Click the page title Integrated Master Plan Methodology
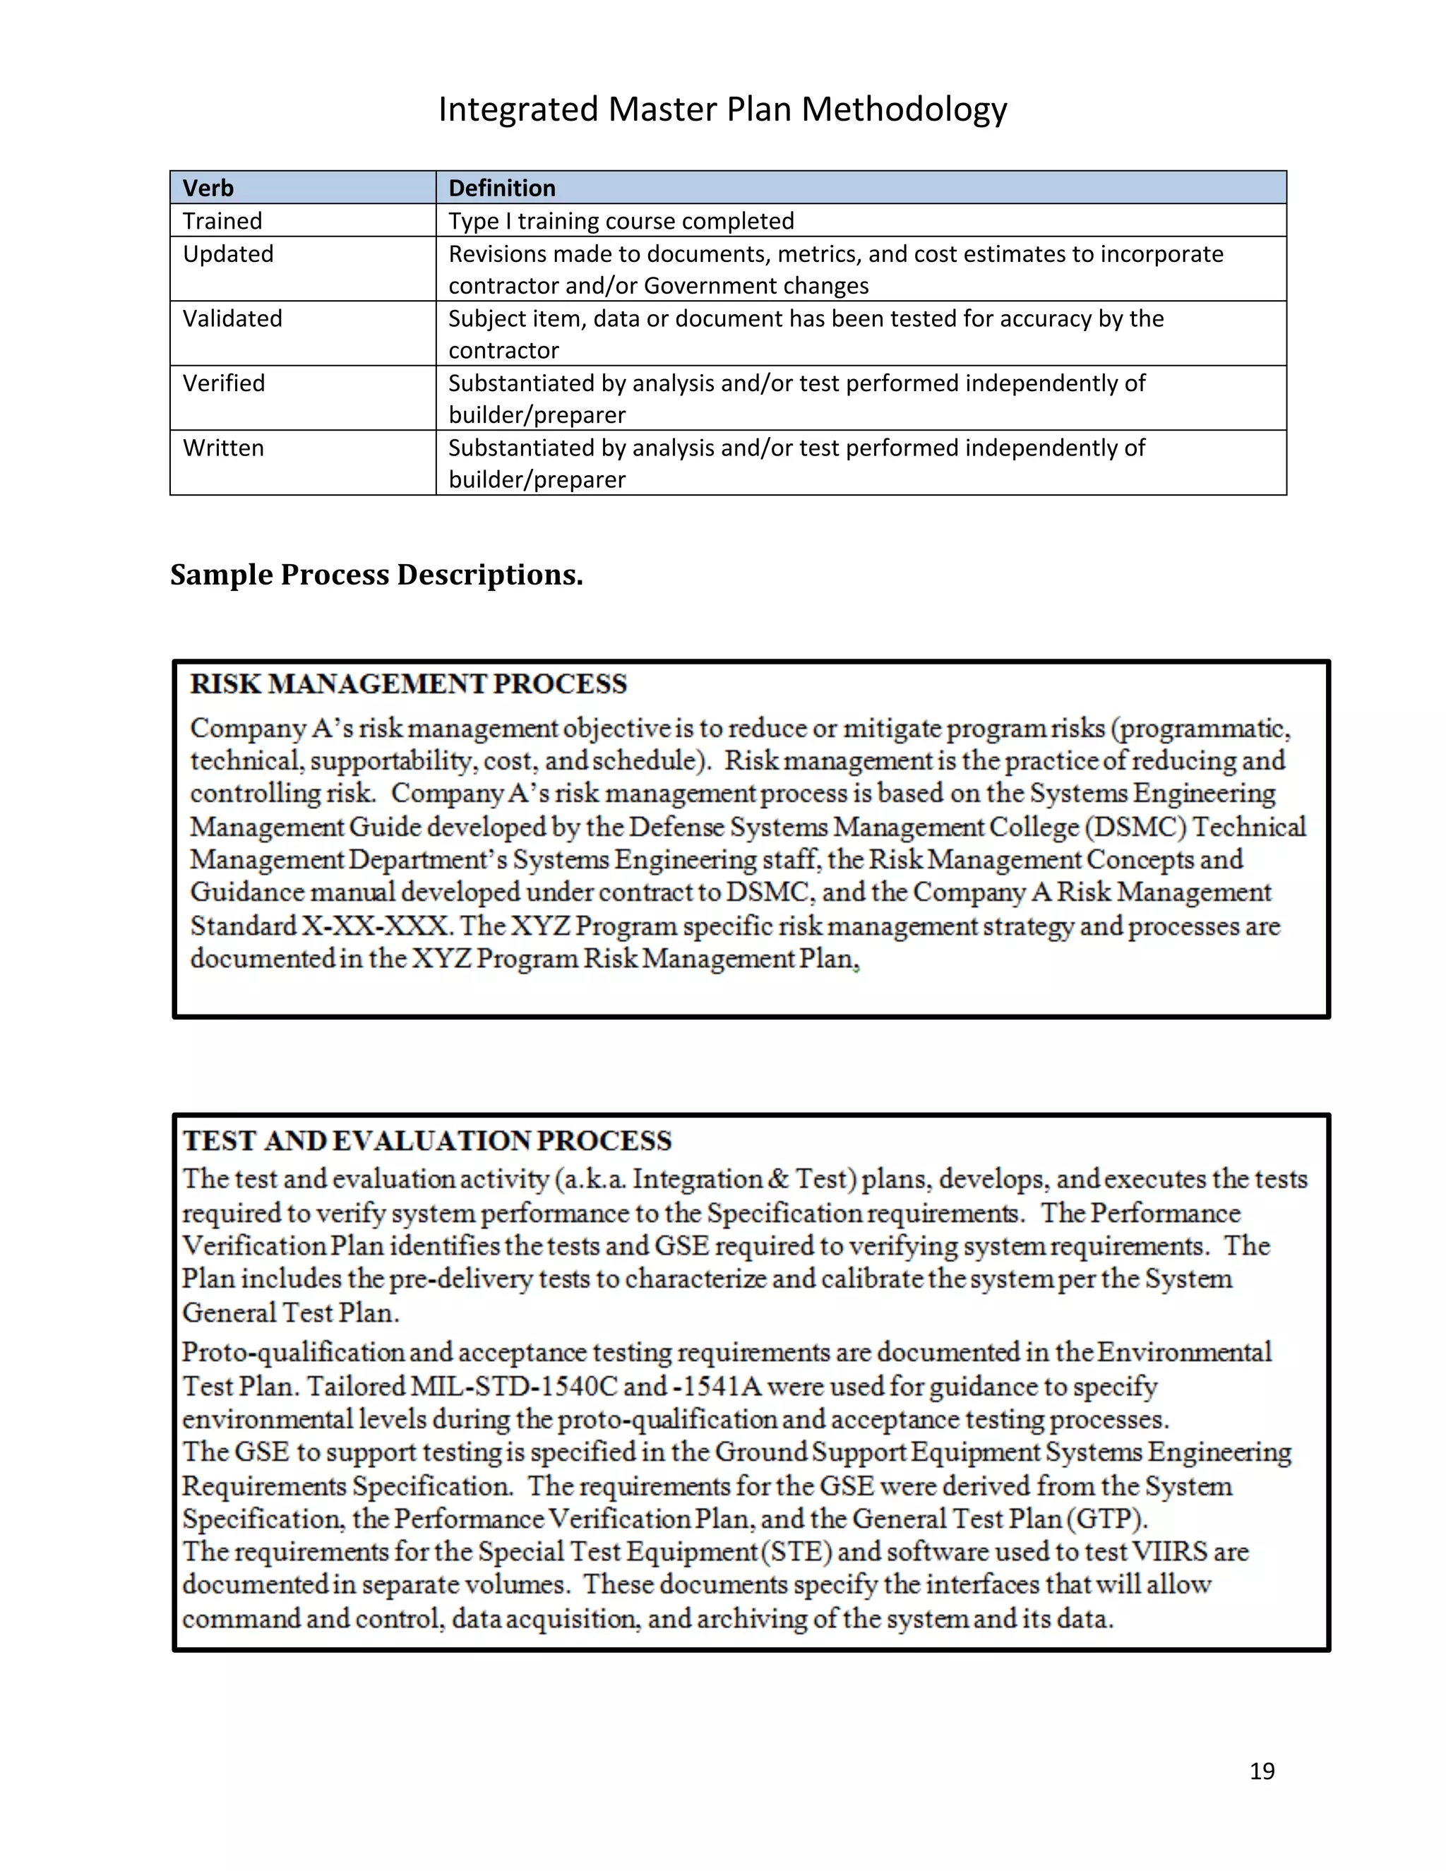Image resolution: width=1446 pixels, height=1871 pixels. [x=722, y=109]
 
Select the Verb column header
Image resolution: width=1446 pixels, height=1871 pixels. [x=208, y=188]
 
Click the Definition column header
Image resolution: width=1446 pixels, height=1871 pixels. [x=502, y=188]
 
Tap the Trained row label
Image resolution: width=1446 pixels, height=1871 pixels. [x=222, y=221]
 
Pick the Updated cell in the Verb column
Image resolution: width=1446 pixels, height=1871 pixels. [x=228, y=254]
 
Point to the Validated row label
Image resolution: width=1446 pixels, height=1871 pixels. [x=232, y=318]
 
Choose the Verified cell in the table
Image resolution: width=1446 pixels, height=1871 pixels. [x=224, y=383]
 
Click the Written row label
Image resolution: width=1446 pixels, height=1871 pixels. [x=222, y=448]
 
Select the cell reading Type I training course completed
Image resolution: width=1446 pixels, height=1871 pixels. [x=621, y=221]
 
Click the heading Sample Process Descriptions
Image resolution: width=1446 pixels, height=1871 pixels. [x=376, y=575]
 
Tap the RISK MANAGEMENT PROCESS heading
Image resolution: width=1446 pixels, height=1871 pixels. [x=409, y=684]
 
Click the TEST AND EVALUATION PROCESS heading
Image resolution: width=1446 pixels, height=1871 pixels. [x=426, y=1141]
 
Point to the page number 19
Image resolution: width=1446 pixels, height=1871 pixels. [x=1262, y=1771]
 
